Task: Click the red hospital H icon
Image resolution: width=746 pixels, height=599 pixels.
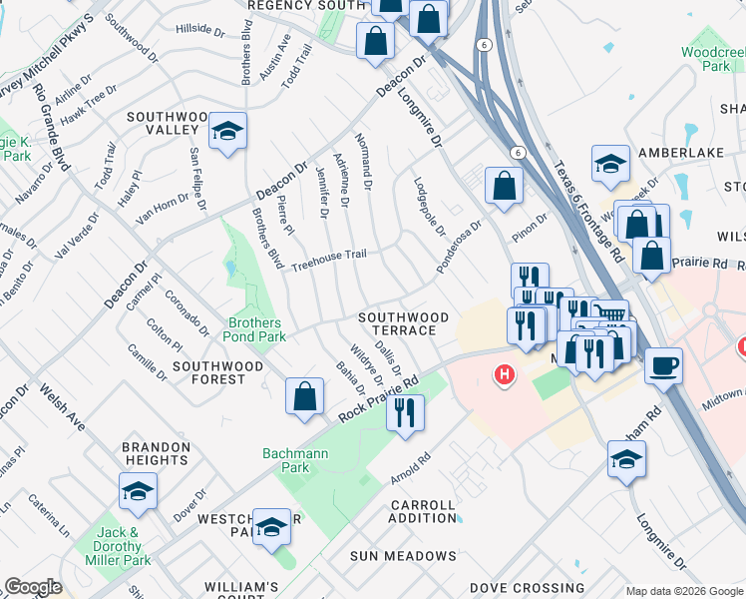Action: (x=506, y=374)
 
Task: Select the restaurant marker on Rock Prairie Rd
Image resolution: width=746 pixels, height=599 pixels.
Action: (x=405, y=411)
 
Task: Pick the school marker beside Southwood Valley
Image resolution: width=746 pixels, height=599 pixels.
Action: (x=227, y=131)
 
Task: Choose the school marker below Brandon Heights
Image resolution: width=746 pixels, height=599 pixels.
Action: (x=138, y=493)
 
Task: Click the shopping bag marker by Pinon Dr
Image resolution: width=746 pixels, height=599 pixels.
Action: (x=505, y=186)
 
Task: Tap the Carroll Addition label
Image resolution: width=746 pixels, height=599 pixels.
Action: (x=423, y=511)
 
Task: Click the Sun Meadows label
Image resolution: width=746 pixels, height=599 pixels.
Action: (x=403, y=555)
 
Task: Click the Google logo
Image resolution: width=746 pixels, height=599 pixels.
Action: (x=33, y=587)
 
